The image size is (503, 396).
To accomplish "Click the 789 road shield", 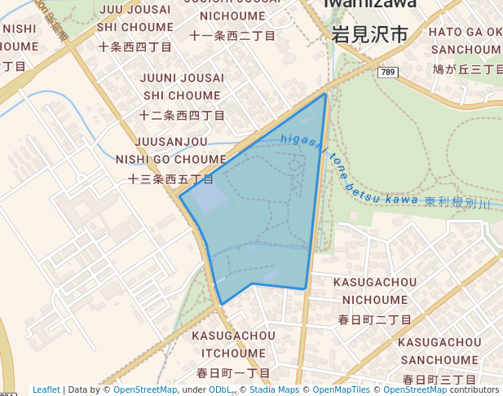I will tap(388, 73).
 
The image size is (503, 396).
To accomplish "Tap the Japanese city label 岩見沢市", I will tap(369, 34).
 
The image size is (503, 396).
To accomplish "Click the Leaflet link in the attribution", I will tap(46, 389).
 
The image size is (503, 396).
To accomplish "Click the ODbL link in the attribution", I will tap(220, 389).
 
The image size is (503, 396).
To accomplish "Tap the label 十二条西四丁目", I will tap(182, 115).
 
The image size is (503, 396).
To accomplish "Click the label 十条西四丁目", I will tap(135, 46).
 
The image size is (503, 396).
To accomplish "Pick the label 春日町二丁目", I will tap(375, 319).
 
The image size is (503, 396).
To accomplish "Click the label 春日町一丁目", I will tap(233, 372).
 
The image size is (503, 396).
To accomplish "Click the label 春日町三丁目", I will tap(439, 379).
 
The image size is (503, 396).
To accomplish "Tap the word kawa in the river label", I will tap(404, 198).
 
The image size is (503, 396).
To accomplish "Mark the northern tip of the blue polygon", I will tap(325, 94).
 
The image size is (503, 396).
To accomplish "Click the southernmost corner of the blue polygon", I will tap(222, 305).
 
